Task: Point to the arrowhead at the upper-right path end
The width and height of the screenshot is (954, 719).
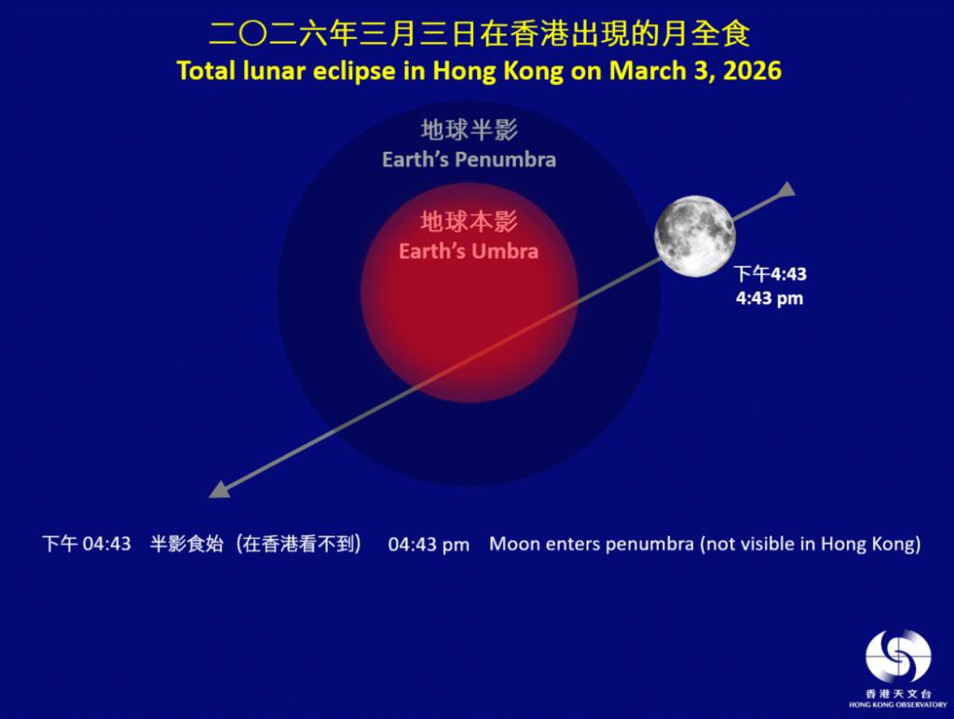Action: (786, 190)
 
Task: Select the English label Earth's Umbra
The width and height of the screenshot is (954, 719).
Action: (469, 251)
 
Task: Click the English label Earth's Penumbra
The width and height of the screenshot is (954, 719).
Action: (469, 159)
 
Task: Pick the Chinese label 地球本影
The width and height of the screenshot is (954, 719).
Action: (469, 222)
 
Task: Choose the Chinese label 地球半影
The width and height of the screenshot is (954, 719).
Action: (469, 130)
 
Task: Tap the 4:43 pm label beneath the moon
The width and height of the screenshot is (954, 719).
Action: (770, 299)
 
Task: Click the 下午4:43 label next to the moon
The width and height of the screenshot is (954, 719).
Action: (770, 274)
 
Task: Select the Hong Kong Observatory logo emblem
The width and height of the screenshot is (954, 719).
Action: (898, 657)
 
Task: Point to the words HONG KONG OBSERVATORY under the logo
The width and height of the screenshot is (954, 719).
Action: (897, 705)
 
